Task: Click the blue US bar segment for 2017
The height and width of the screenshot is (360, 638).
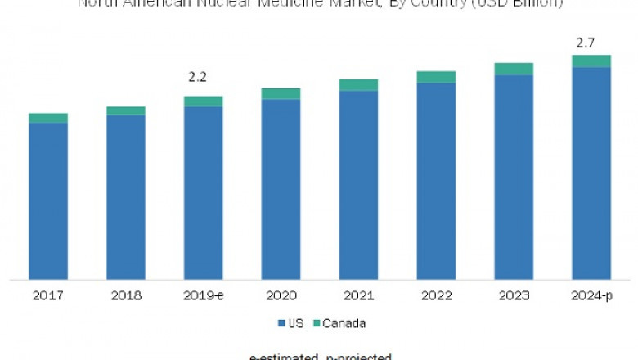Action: coord(48,200)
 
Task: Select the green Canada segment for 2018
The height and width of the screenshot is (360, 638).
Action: coord(126,110)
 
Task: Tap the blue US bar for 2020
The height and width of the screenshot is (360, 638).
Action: coord(281,189)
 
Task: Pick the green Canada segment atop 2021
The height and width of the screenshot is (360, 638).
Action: coord(358,85)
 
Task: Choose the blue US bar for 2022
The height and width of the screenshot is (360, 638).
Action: coord(436,181)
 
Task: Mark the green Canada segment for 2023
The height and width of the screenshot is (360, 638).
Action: coord(514,69)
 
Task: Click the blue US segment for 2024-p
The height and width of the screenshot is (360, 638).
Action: coord(591,173)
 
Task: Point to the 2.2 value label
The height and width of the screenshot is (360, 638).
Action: coord(198,78)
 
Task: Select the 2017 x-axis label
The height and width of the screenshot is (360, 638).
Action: coord(48,295)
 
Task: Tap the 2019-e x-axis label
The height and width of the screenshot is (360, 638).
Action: coord(204,295)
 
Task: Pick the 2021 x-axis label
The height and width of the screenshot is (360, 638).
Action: coord(358,295)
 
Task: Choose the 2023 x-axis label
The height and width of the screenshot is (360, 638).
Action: coord(514,295)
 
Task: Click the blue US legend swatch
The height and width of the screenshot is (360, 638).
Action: coord(281,324)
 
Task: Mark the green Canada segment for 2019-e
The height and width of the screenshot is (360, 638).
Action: coord(204,101)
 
